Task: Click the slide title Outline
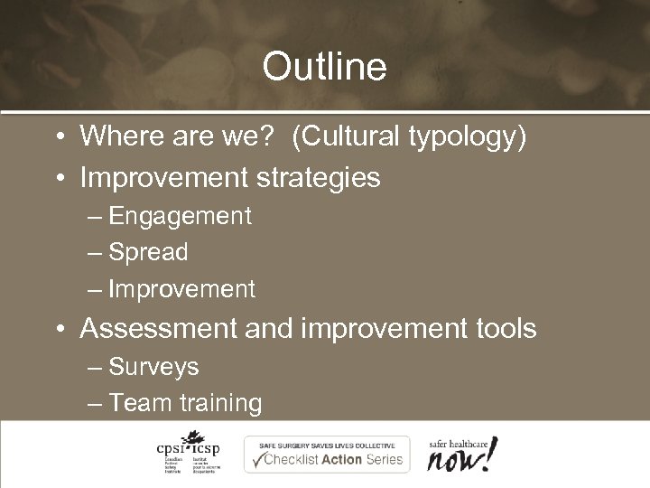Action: pyautogui.click(x=324, y=66)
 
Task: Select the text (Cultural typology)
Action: pyautogui.click(x=409, y=137)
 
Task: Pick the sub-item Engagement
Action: pyautogui.click(x=180, y=217)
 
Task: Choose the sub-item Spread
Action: pyautogui.click(x=148, y=253)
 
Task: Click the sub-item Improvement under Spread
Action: pyautogui.click(x=181, y=289)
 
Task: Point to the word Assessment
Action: pyautogui.click(x=158, y=328)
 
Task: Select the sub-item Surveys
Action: pyautogui.click(x=153, y=367)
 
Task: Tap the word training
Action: pyautogui.click(x=221, y=403)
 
